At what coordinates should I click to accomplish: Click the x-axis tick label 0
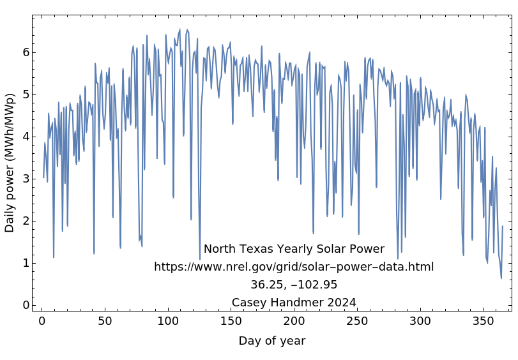tap(42, 321)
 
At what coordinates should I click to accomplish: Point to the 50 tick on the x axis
tap(105, 321)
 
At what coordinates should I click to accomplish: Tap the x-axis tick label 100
tap(168, 321)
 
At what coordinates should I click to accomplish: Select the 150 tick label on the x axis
tap(231, 321)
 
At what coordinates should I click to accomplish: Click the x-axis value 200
tap(294, 321)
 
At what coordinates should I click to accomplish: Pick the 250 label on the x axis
tap(357, 321)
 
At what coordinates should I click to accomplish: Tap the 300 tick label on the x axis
tap(420, 321)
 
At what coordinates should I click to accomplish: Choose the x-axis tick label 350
tap(483, 321)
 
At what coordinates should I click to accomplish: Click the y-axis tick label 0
tap(26, 305)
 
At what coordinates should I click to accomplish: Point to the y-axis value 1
tap(26, 263)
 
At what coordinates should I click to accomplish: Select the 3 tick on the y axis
tap(26, 179)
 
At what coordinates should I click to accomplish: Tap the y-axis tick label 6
tap(26, 52)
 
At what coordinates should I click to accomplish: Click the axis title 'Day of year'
tap(272, 341)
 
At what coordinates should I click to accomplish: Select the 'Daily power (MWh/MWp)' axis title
tap(10, 163)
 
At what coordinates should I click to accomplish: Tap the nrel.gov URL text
tap(294, 267)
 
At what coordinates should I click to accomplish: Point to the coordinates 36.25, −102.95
tap(294, 285)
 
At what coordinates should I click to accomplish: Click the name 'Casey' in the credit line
tap(250, 303)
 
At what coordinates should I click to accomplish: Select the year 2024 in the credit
tap(342, 303)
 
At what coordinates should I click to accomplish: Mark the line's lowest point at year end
tap(501, 278)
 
